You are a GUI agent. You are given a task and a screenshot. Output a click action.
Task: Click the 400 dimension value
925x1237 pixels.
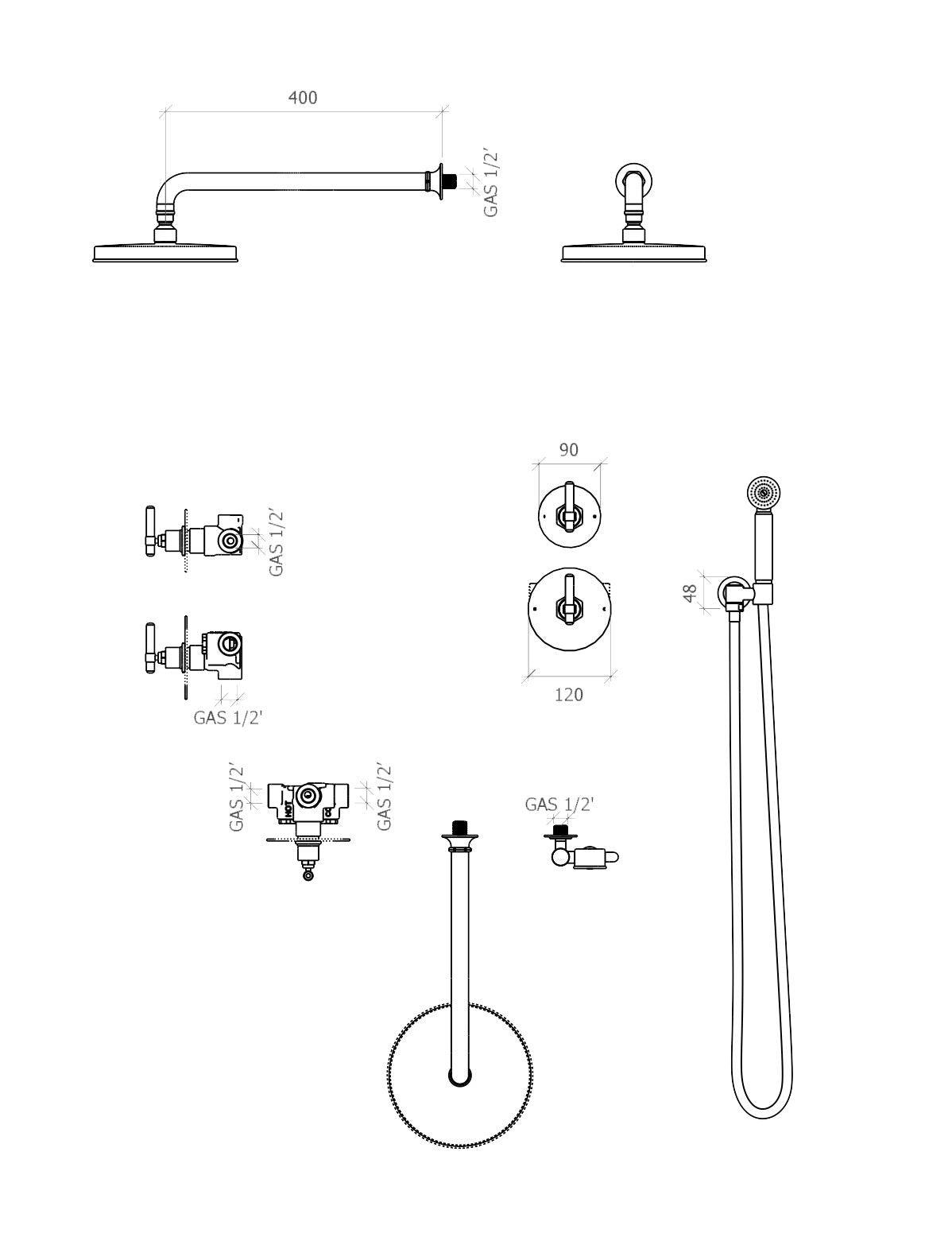(x=302, y=98)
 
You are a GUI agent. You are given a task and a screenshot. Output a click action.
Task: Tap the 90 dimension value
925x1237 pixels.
(x=568, y=450)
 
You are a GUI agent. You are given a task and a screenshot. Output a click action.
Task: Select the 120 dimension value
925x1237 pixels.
(x=568, y=695)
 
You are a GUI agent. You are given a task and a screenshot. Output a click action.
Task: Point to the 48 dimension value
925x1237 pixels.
(x=690, y=592)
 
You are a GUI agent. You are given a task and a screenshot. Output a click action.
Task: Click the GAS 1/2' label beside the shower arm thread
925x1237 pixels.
(x=491, y=182)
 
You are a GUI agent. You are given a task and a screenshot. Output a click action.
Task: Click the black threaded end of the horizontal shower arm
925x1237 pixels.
(x=451, y=180)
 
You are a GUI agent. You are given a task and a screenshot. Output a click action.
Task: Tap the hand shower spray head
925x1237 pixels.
(x=764, y=493)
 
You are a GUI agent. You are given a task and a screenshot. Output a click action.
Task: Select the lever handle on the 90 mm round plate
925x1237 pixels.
(x=568, y=509)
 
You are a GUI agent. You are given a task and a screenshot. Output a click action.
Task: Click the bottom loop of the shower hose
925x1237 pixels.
(x=761, y=1101)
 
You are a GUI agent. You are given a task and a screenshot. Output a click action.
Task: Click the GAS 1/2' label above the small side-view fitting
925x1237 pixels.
(x=559, y=805)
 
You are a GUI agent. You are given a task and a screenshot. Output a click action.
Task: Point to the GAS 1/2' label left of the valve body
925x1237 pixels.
(x=236, y=797)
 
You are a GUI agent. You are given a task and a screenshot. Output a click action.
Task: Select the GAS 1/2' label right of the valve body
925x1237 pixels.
(x=385, y=797)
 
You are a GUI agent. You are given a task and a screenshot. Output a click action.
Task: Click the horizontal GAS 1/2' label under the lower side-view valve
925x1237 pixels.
(x=228, y=718)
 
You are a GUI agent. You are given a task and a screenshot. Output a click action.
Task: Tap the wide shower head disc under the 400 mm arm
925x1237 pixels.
(x=165, y=253)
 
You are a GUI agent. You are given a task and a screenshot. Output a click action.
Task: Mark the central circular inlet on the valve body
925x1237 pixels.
(x=308, y=797)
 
